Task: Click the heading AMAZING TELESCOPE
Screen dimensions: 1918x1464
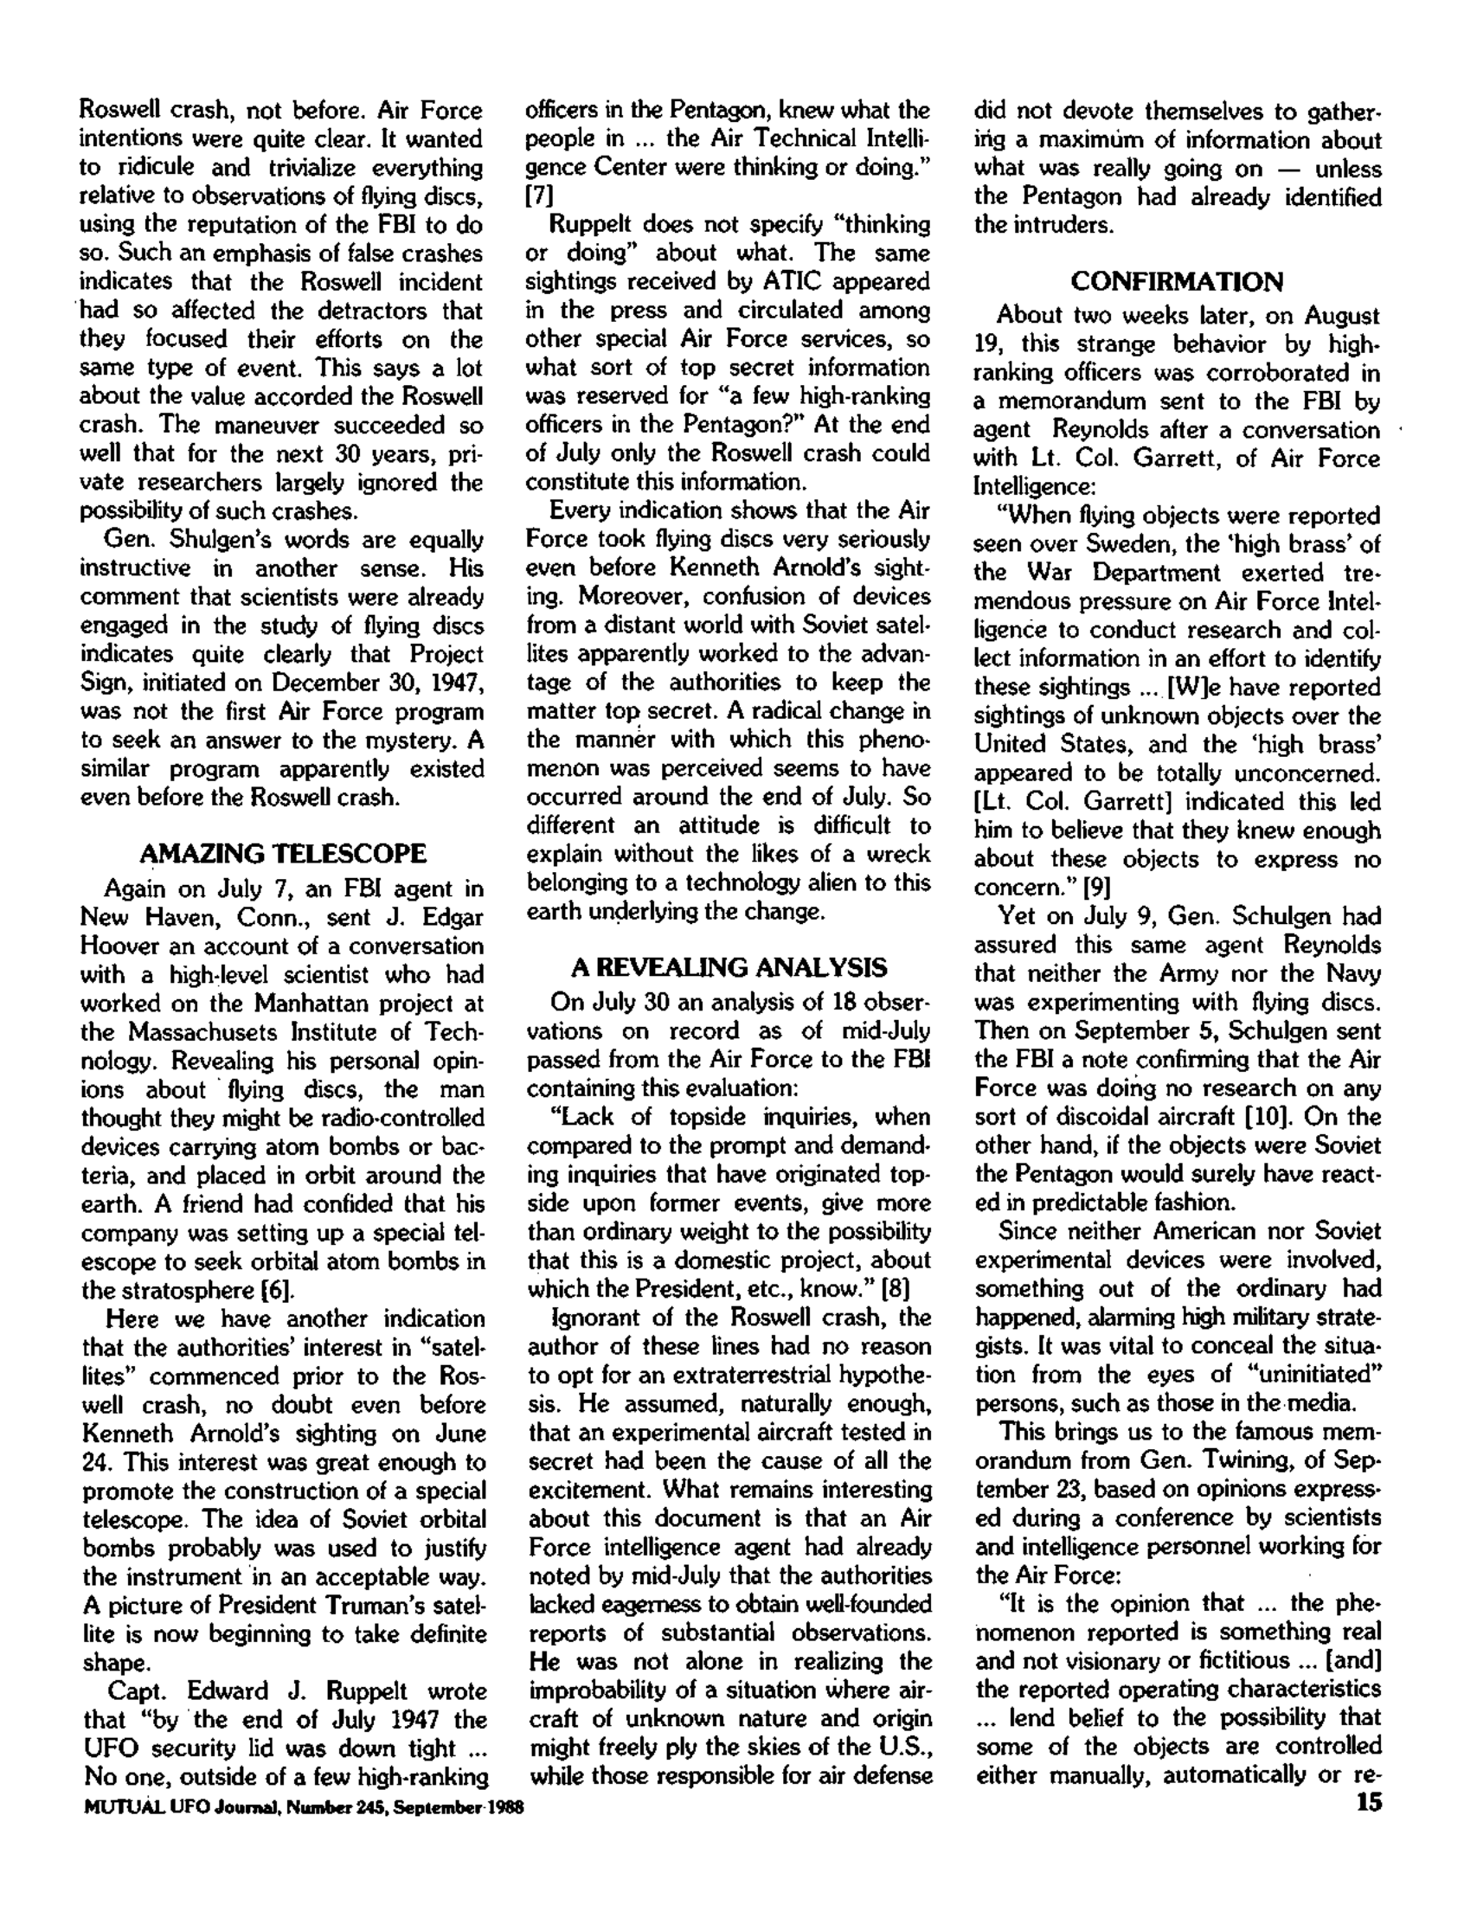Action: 283,853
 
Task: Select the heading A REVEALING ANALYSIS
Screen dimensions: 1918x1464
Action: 729,968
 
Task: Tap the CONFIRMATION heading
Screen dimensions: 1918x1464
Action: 1177,282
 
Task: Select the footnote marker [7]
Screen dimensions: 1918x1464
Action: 540,196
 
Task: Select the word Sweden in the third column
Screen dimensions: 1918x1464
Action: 1125,545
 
